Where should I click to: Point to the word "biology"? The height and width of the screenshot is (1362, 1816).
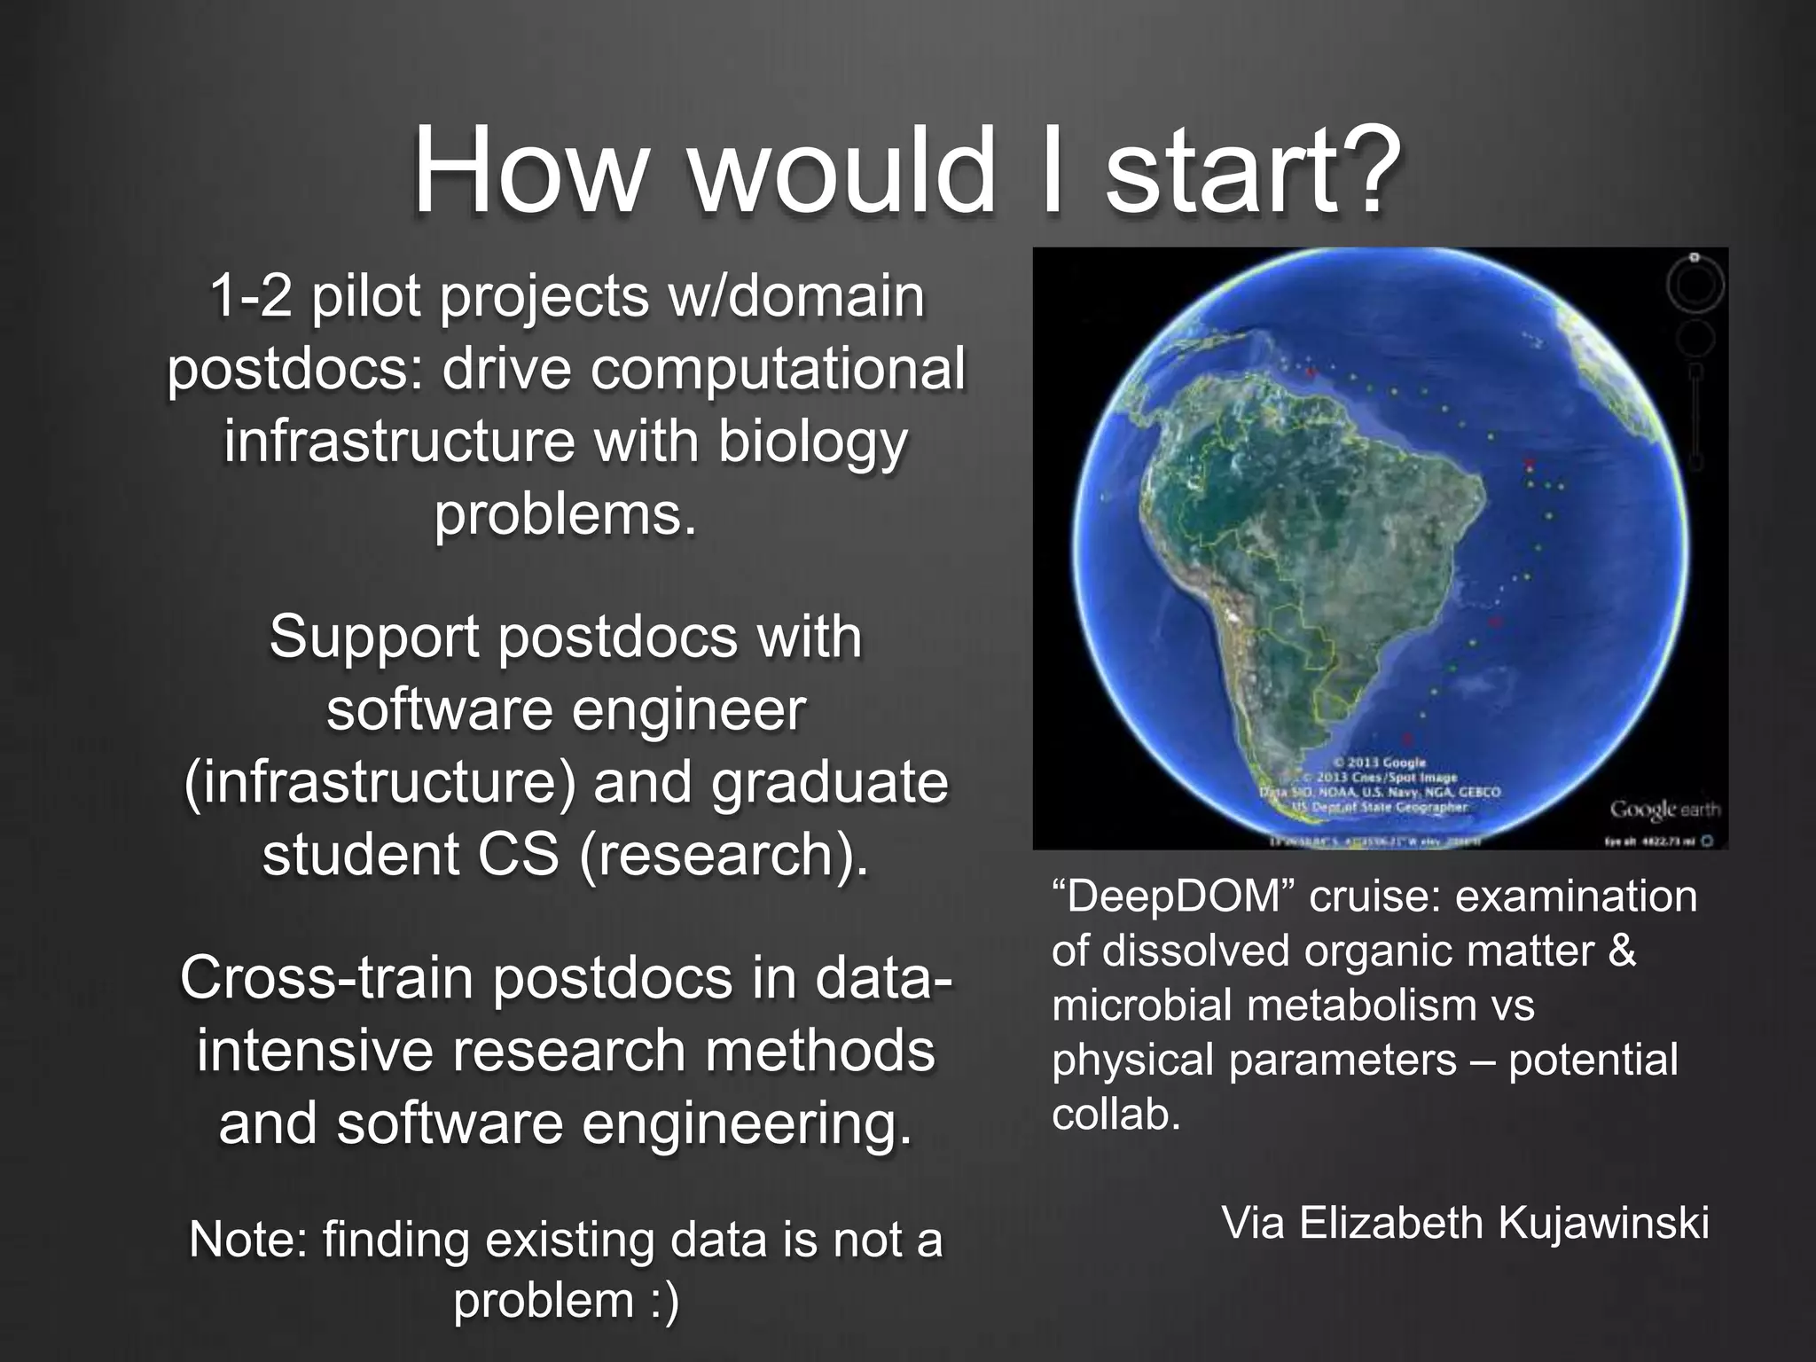click(812, 442)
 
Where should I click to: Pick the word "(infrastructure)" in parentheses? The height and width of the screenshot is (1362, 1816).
click(380, 782)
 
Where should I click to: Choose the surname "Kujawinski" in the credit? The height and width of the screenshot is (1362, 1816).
click(1603, 1223)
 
